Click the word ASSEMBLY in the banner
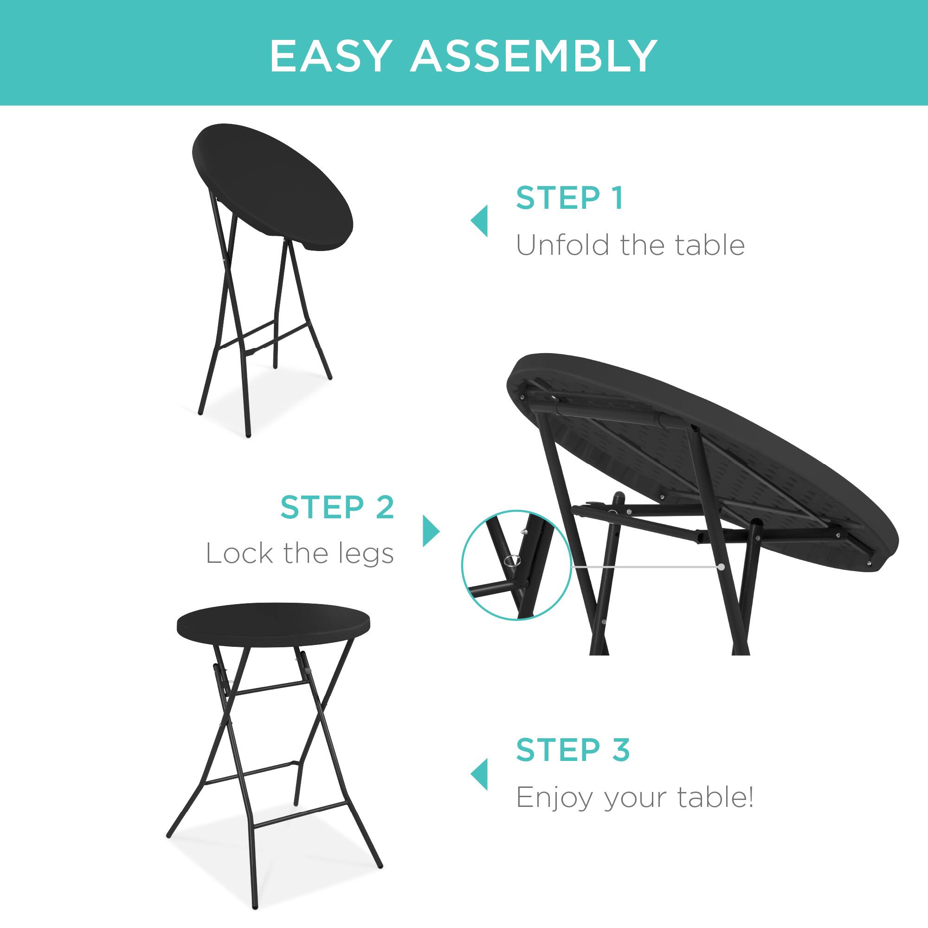pyautogui.click(x=533, y=57)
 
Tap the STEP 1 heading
pyautogui.click(x=569, y=198)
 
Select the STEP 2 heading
pyautogui.click(x=337, y=507)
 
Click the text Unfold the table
pyautogui.click(x=630, y=245)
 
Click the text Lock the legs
pyautogui.click(x=300, y=554)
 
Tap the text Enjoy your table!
pyautogui.click(x=634, y=798)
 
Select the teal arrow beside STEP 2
pyautogui.click(x=431, y=531)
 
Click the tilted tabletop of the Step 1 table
pyautogui.click(x=272, y=187)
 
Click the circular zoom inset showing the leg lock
pyautogui.click(x=516, y=565)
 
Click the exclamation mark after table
pyautogui.click(x=750, y=797)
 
